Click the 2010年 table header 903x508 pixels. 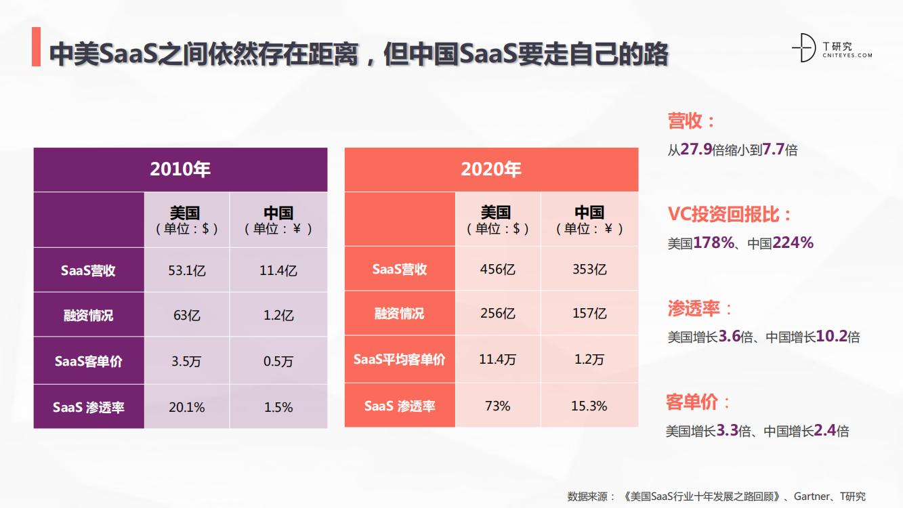180,169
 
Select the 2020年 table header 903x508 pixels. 491,169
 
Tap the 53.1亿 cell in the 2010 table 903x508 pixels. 187,270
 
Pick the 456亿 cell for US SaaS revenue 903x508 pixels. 497,269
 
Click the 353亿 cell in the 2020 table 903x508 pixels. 589,269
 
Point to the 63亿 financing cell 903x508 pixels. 187,315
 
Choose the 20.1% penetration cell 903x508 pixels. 187,407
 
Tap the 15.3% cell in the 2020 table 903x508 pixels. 589,406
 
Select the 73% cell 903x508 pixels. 497,406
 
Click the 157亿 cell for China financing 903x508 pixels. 589,314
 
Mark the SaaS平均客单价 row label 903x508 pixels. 400,360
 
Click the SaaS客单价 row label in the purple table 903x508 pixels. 89,361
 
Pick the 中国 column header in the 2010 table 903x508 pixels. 278,220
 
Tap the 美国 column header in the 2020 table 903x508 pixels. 497,219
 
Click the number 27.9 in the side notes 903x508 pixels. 696,150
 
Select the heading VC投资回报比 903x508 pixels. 730,215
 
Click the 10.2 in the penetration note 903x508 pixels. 832,336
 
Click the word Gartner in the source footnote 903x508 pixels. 810,496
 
